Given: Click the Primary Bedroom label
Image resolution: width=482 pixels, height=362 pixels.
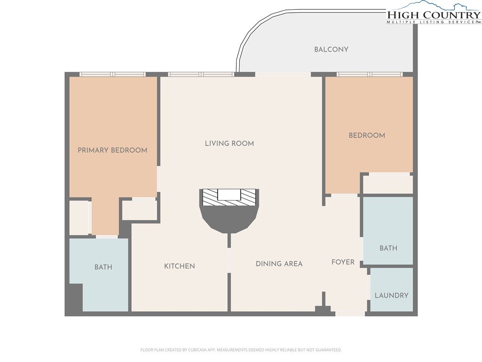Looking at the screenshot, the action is [112, 150].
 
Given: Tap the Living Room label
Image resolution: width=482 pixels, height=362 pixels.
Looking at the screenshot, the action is [229, 143].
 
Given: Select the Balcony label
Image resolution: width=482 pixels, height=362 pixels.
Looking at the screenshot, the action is [331, 49].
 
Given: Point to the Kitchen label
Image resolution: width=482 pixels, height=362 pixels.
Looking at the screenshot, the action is [179, 266].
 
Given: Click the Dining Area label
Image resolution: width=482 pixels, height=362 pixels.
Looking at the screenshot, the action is [279, 264].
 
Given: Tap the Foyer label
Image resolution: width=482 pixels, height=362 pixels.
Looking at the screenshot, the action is [343, 262].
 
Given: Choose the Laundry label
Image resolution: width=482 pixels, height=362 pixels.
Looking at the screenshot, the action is [392, 296].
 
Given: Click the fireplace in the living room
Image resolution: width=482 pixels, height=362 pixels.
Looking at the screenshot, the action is [229, 211].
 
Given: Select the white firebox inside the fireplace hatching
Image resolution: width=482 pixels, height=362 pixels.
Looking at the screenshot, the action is [229, 195].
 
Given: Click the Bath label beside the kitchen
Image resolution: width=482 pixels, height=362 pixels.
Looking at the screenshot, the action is [103, 267].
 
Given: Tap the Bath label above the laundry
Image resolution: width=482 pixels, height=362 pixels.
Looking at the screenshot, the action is [388, 248].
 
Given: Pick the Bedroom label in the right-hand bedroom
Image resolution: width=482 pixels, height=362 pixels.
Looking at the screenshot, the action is [367, 135].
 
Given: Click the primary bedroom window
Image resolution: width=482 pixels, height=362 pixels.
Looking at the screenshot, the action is [112, 74].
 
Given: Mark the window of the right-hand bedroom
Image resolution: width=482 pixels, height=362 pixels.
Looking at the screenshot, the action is [370, 74].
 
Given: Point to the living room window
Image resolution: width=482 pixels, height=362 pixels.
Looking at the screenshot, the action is [201, 74].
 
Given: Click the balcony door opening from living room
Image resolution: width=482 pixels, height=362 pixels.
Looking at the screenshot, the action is [283, 74].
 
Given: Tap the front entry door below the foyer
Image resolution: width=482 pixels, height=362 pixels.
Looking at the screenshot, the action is [350, 313].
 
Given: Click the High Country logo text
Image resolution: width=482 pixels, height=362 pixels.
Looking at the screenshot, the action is [434, 15].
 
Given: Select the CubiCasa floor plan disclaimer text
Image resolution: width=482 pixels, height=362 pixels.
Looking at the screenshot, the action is [241, 350].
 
